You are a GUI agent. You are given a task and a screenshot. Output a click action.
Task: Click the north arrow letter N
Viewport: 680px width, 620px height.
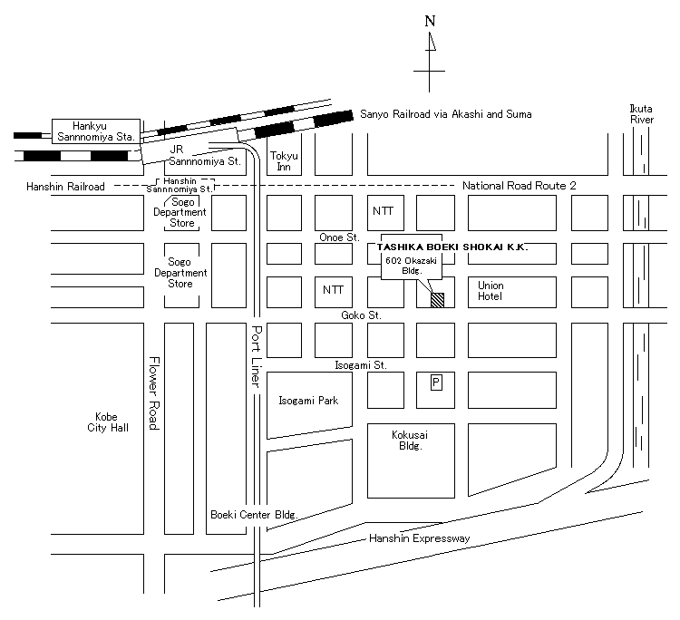[430, 21]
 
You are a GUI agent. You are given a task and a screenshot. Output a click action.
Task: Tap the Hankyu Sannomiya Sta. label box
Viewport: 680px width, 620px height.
[96, 131]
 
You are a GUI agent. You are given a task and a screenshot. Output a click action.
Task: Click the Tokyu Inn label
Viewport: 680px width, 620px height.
[284, 160]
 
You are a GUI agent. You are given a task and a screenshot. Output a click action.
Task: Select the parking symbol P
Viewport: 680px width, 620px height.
[436, 383]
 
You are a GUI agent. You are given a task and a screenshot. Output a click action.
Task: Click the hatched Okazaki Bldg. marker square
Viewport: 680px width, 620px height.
[437, 300]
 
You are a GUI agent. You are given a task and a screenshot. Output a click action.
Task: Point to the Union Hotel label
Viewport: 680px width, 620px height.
[491, 291]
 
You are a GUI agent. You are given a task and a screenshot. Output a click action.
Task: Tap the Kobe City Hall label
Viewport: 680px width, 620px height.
[108, 422]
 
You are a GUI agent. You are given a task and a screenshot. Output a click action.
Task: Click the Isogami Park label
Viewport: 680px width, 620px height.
[308, 401]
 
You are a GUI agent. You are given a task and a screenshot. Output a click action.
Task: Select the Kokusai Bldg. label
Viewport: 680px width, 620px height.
[410, 440]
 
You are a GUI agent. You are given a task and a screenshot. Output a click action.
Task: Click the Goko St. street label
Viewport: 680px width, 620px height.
[361, 315]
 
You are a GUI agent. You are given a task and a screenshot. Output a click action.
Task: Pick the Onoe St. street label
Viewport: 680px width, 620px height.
[340, 237]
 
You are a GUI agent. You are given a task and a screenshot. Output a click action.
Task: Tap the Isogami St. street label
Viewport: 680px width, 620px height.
[361, 365]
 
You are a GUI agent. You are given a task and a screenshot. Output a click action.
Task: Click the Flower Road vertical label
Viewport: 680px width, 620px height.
[154, 393]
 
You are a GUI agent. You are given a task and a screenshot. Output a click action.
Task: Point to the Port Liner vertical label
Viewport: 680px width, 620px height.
[257, 356]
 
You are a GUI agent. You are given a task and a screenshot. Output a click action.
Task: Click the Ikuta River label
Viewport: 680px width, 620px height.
[641, 114]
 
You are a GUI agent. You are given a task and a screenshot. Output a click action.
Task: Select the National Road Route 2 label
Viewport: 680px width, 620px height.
[520, 186]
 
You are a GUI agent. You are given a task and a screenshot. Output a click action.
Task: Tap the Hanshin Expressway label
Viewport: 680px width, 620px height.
[420, 538]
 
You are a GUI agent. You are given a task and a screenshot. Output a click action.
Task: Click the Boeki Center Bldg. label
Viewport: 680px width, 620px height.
[254, 515]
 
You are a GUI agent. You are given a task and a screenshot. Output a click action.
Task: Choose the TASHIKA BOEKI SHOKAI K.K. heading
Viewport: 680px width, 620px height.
[452, 247]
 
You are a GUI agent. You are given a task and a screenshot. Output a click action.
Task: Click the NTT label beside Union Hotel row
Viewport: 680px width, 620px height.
[333, 290]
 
